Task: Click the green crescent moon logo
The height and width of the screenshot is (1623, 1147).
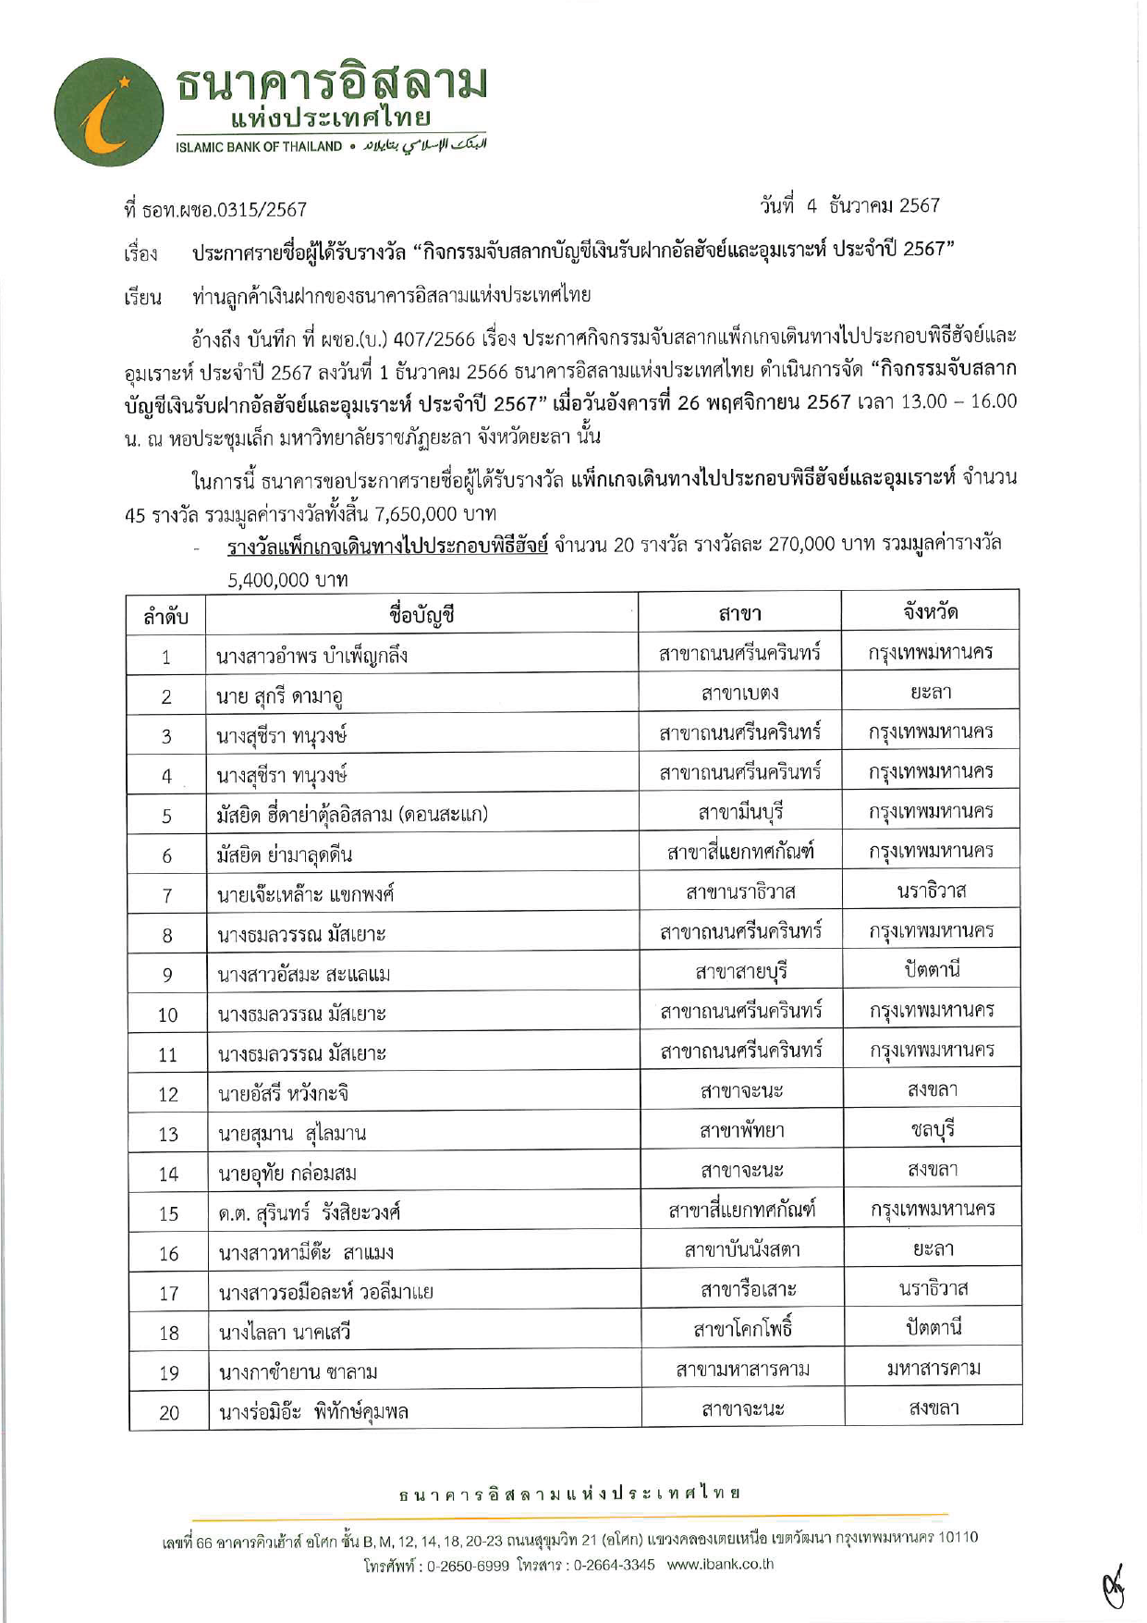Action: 109,112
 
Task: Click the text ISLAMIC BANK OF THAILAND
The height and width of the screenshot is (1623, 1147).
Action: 259,147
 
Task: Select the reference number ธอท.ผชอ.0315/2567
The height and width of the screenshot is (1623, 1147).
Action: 225,210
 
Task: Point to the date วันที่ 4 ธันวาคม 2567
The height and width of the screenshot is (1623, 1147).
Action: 849,205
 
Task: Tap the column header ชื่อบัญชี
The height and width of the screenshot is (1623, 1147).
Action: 421,614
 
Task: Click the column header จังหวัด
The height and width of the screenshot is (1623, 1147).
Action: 930,611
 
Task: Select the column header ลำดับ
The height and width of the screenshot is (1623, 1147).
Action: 166,617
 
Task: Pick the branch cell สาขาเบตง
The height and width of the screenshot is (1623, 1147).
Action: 739,693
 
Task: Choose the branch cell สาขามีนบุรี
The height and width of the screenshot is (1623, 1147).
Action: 739,812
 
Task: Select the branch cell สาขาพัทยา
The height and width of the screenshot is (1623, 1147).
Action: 741,1130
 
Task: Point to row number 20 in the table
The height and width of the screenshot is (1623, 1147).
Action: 169,1413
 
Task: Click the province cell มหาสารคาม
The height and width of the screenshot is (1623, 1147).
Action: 933,1368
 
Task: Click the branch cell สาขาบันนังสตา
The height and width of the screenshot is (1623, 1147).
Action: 742,1250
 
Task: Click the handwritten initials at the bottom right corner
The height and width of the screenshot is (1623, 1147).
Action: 1114,1587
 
